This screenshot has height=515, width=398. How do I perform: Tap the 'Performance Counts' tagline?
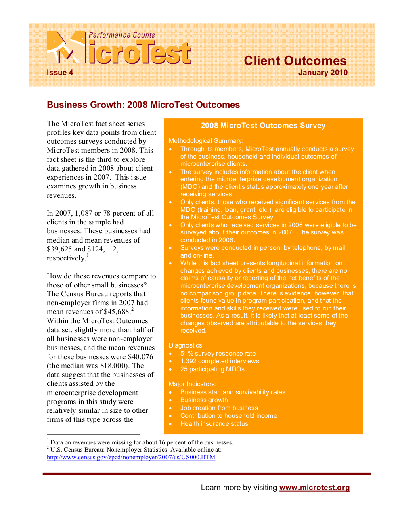[121, 35]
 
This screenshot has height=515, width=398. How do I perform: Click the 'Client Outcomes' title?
[295, 61]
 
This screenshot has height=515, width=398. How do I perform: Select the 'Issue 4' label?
[60, 73]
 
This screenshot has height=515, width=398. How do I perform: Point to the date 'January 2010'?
[323, 73]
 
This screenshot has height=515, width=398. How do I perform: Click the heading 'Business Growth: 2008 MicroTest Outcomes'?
[143, 105]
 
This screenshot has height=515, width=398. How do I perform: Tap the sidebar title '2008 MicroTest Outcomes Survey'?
[263, 126]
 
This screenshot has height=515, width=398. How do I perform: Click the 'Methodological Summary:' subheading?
[206, 141]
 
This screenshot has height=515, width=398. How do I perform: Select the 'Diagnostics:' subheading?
[186, 345]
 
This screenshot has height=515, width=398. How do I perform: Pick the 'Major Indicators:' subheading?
[193, 384]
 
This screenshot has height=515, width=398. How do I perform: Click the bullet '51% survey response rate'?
[218, 354]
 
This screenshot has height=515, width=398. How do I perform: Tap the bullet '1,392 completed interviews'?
[220, 361]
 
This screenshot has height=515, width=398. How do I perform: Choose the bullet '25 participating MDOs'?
[212, 369]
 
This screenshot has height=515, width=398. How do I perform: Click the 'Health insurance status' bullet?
[214, 424]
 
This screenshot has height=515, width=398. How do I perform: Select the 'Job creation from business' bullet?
[219, 408]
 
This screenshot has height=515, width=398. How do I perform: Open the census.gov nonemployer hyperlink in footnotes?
[131, 457]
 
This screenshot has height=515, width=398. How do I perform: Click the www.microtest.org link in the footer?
[314, 488]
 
